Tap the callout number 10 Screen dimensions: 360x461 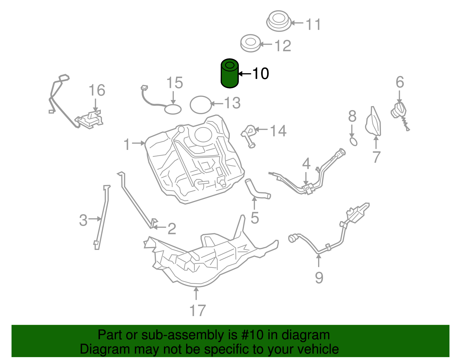[260, 74]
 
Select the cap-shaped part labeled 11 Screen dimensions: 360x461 [279, 21]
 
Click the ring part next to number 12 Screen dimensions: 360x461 [250, 43]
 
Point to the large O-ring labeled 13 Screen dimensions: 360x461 [201, 105]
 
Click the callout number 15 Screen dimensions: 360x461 [175, 83]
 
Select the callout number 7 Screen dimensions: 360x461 [376, 157]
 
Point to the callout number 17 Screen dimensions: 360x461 [197, 311]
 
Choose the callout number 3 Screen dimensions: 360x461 [83, 220]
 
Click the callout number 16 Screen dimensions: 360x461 [97, 91]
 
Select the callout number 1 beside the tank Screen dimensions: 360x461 [127, 144]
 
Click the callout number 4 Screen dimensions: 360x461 [306, 164]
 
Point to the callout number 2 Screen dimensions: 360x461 [172, 229]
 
